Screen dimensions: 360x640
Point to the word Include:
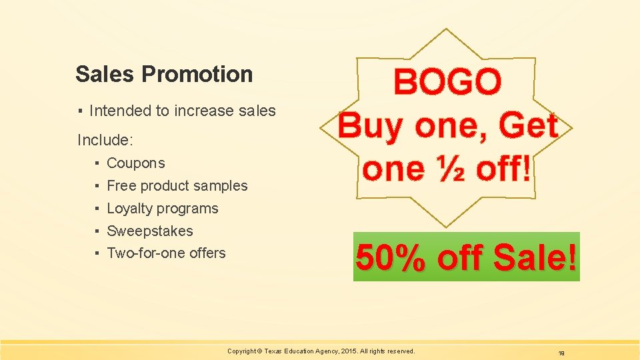105,140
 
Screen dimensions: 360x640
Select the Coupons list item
135,163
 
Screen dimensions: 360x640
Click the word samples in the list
220,186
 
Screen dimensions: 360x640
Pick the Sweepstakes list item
149,231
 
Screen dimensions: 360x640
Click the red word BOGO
447,83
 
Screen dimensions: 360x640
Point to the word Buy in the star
372,126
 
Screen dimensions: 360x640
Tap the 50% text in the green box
391,258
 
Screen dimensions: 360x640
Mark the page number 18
561,353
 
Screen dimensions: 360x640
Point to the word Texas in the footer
274,351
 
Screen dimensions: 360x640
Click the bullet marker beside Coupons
97,163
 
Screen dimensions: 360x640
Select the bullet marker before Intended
79,111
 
